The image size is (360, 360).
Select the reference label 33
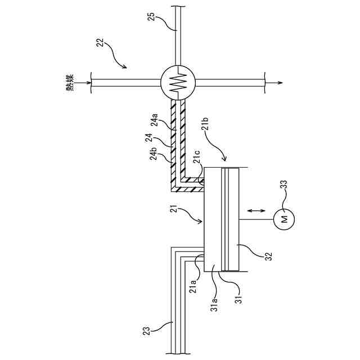click(283, 184)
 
